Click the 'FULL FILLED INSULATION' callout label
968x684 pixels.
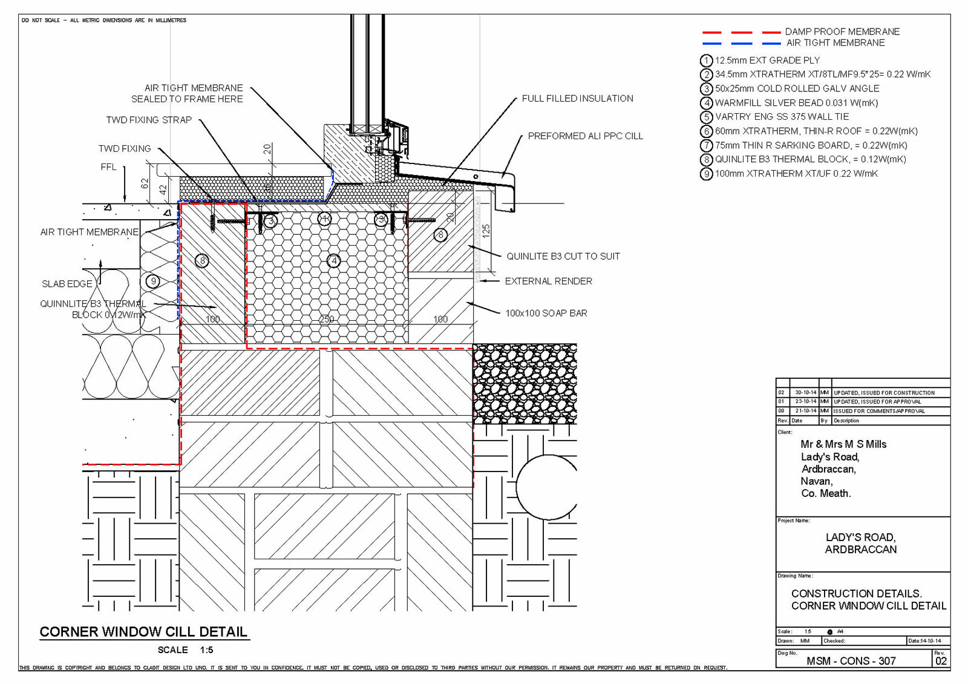tap(577, 99)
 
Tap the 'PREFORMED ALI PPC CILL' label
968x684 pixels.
tap(585, 136)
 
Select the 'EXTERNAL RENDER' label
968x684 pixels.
tap(548, 281)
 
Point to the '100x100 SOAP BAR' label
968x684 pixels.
tap(546, 314)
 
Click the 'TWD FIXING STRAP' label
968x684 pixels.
tap(149, 120)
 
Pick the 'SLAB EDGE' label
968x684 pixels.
tap(67, 284)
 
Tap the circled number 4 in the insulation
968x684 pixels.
tap(334, 261)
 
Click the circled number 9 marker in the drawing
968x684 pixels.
tap(154, 281)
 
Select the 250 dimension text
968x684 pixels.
tap(327, 319)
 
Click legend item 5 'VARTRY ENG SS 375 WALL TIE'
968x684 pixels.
tap(782, 117)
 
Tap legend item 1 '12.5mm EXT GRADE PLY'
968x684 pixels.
tap(767, 61)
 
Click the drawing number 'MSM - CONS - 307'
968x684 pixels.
tap(851, 661)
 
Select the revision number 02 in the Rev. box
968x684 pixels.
tap(941, 661)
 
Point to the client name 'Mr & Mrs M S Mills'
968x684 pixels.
tap(843, 444)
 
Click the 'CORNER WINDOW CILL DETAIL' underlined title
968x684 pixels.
tap(143, 632)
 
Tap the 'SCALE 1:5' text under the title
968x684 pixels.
tap(185, 650)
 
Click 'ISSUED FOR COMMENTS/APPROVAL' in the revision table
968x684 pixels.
tap(879, 411)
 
